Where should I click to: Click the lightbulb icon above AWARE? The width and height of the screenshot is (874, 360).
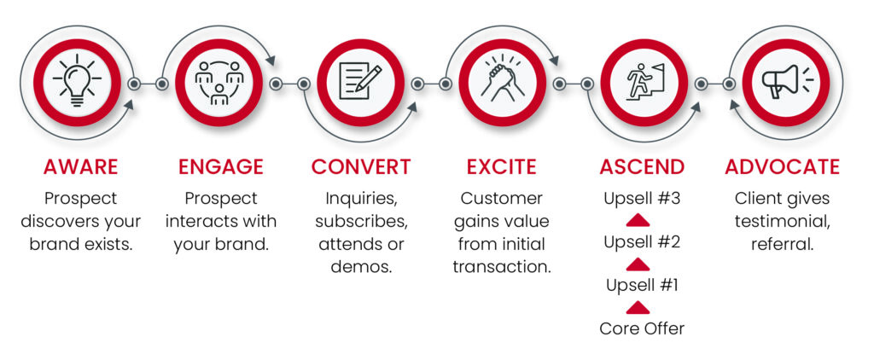77,82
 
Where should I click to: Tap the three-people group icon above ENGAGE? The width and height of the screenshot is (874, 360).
219,83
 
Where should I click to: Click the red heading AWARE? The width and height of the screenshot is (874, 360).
81,166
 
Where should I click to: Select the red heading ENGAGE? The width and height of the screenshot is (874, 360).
221,166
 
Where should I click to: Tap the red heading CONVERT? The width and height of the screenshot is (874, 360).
361,166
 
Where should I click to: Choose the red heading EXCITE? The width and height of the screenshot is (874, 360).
502,166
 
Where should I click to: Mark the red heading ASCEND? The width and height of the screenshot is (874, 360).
642,166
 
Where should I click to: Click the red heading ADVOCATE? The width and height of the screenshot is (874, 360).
783,166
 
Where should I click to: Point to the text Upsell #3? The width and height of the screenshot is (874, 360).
642,199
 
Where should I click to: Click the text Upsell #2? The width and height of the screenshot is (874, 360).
642,242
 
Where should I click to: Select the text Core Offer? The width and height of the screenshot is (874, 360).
642,328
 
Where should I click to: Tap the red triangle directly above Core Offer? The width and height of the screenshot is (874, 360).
638,308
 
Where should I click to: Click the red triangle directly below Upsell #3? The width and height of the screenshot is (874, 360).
638,221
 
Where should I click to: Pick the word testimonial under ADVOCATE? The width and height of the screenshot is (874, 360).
783,221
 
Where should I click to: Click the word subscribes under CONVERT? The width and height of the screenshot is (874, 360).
361,221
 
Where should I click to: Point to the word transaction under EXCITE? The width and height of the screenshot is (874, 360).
502,266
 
